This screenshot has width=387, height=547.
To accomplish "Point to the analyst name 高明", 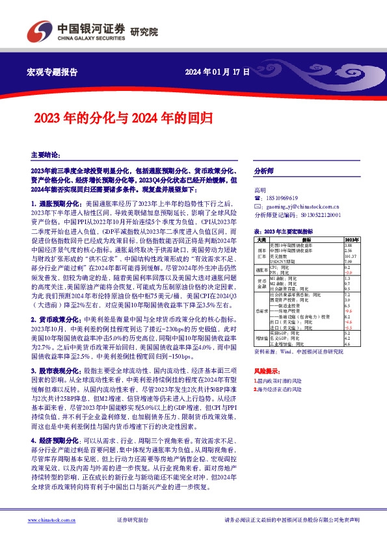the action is pyautogui.click(x=260, y=190).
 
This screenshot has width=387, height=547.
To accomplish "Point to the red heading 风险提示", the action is pyautogui.click(x=264, y=369).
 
